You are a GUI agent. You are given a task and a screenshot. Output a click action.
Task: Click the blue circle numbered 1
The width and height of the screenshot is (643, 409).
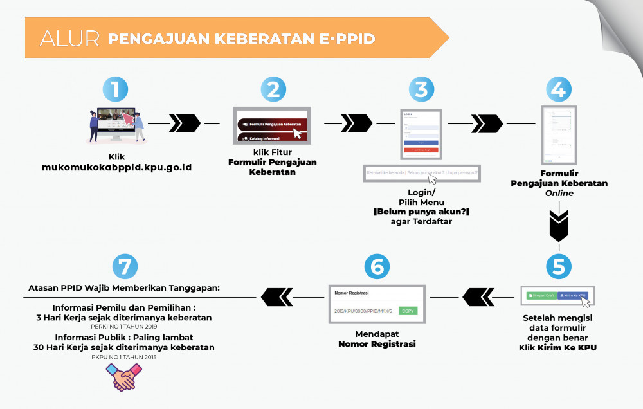116,89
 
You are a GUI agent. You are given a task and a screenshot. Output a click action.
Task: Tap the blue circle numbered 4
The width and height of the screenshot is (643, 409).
559,89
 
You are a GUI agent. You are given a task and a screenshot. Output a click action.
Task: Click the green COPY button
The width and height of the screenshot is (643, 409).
408,311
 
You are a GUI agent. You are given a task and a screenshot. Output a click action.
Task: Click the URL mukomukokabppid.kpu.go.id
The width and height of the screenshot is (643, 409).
116,167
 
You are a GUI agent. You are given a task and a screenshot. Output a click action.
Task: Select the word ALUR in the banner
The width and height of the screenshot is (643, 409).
69,38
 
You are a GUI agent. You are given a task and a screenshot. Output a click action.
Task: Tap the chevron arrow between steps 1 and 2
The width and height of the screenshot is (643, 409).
185,122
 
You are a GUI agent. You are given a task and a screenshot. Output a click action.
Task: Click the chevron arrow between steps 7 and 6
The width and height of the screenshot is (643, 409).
277,297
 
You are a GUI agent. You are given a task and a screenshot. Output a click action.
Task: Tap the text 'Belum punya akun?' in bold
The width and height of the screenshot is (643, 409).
421,211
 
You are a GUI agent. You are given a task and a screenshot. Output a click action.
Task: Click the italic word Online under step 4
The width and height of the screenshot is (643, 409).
559,193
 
